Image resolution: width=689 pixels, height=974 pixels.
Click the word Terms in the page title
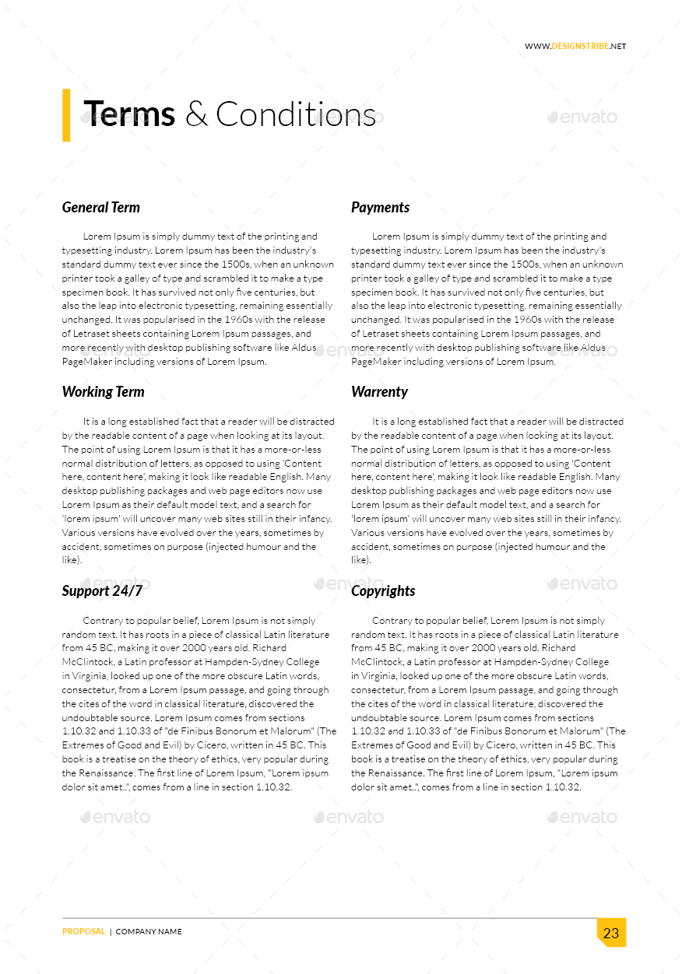pyautogui.click(x=129, y=114)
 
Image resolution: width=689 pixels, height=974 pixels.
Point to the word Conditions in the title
pyautogui.click(x=295, y=114)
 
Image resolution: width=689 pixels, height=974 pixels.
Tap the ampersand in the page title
pyautogui.click(x=196, y=115)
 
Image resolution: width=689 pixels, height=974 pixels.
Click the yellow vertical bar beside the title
pyautogui.click(x=66, y=115)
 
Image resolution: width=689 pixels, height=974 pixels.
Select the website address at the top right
pyautogui.click(x=575, y=47)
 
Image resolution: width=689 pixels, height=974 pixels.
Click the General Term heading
pyautogui.click(x=101, y=208)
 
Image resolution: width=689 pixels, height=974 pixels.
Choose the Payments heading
pyautogui.click(x=380, y=208)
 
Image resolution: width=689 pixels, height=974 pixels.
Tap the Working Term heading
pyautogui.click(x=103, y=392)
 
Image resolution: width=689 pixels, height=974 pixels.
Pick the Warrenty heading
pyautogui.click(x=379, y=392)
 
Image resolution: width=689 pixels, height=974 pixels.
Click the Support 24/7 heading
pyautogui.click(x=102, y=591)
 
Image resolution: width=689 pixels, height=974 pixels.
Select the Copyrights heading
pyautogui.click(x=383, y=591)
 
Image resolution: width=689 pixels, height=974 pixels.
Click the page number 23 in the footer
pyautogui.click(x=611, y=933)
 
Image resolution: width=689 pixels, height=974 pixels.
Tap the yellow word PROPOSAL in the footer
pyautogui.click(x=84, y=932)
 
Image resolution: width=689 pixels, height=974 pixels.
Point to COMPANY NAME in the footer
pyautogui.click(x=149, y=932)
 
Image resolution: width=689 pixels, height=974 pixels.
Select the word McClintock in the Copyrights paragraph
pyautogui.click(x=380, y=662)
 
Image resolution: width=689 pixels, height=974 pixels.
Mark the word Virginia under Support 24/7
pyautogui.click(x=90, y=676)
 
